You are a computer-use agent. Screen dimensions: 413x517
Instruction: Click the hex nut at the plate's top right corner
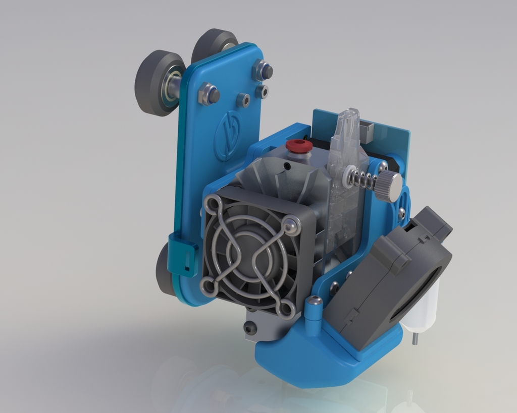click(x=263, y=71)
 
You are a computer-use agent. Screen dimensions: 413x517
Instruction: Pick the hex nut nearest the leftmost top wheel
click(x=208, y=94)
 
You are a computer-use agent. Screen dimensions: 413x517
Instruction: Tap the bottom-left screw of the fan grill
click(x=208, y=286)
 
